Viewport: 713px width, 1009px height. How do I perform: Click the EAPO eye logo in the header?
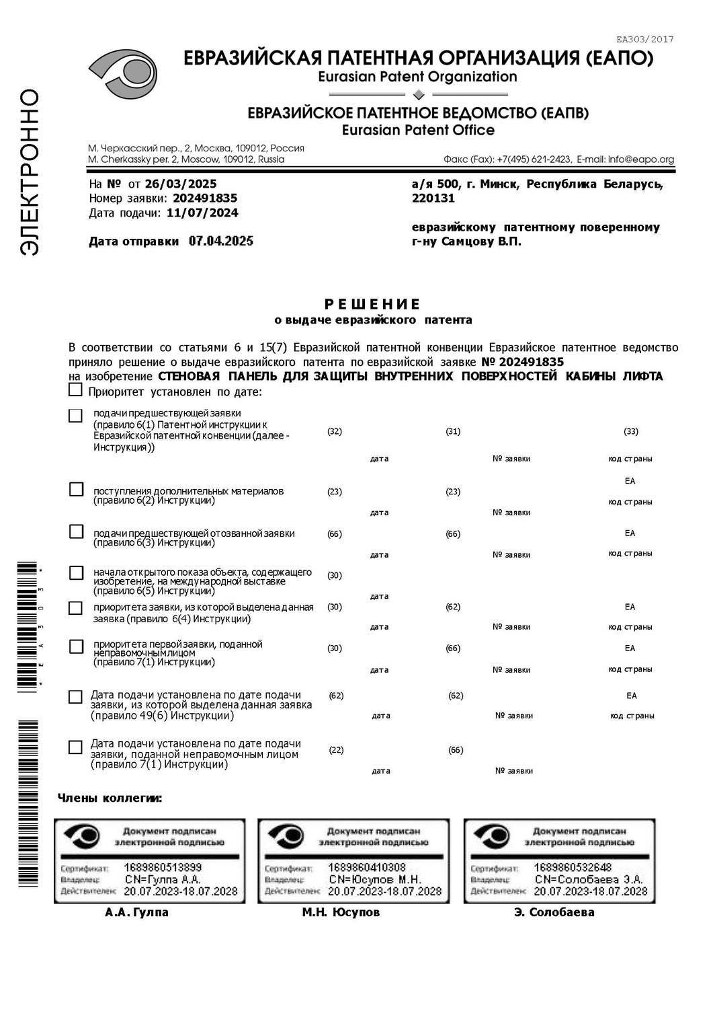(123, 76)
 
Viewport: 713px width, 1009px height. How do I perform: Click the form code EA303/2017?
(644, 39)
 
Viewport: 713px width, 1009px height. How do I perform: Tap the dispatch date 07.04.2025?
(220, 241)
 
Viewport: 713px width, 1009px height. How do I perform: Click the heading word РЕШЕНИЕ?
(372, 304)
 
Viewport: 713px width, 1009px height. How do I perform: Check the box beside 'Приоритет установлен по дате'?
(76, 390)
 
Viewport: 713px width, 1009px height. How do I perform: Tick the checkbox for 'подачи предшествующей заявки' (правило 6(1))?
(76, 416)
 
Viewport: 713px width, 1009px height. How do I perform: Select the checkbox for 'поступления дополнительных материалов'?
(77, 490)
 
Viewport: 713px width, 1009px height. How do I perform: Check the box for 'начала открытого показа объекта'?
(77, 572)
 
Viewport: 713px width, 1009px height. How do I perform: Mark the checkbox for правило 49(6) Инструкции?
(76, 697)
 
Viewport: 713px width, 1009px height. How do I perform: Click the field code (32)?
(335, 431)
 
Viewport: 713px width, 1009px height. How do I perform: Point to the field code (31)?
(453, 431)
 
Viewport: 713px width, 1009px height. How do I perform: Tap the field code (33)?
(630, 431)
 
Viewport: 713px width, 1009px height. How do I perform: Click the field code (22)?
(336, 750)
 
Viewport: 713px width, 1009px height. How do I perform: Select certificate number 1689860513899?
(163, 868)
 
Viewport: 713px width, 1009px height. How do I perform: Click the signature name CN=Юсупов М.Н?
(374, 879)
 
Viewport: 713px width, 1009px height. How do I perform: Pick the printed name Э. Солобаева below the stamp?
(554, 912)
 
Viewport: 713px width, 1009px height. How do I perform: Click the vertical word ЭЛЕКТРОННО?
(29, 172)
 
